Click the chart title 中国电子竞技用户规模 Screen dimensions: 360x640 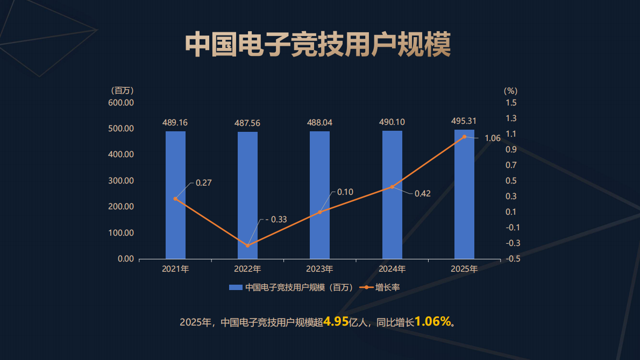[318, 44]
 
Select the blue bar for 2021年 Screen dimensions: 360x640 [175, 195]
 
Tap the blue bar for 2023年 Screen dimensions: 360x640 [319, 195]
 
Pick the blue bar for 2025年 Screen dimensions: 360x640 [464, 194]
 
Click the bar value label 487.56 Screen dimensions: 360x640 [247, 123]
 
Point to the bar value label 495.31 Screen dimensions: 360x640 [464, 121]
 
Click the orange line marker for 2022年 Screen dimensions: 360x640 [247, 246]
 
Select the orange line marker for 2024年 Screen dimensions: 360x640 [392, 187]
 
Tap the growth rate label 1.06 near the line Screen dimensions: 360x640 [492, 138]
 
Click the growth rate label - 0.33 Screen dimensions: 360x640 [276, 220]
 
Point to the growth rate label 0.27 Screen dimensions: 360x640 [203, 183]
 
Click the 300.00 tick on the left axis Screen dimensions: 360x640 [121, 181]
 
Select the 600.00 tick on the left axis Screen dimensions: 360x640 [121, 103]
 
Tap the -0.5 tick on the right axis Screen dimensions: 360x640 [513, 259]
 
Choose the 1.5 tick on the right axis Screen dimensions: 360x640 [511, 103]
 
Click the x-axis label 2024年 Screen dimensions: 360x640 [392, 269]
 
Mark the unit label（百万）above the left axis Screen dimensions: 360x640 [122, 90]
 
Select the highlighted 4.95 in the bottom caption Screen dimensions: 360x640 [336, 322]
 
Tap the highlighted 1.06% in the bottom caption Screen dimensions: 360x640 [433, 322]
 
